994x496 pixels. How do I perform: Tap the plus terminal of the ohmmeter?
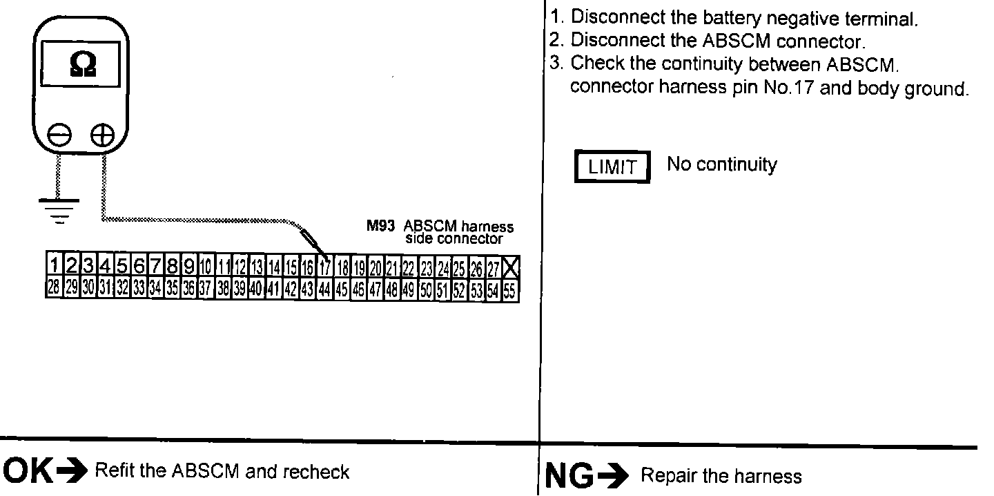click(x=103, y=136)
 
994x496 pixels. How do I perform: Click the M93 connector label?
click(x=379, y=227)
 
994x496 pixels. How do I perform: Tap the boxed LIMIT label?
click(x=612, y=168)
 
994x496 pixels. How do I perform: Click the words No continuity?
click(x=721, y=165)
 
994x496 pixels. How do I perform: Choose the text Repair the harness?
click(x=721, y=476)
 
